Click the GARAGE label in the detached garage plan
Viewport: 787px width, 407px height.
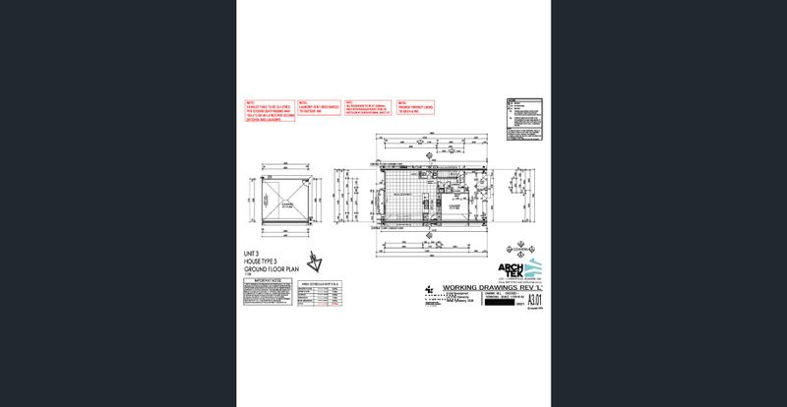point(289,207)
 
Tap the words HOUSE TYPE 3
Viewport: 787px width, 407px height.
point(260,261)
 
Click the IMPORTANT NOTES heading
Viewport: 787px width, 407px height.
point(267,280)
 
